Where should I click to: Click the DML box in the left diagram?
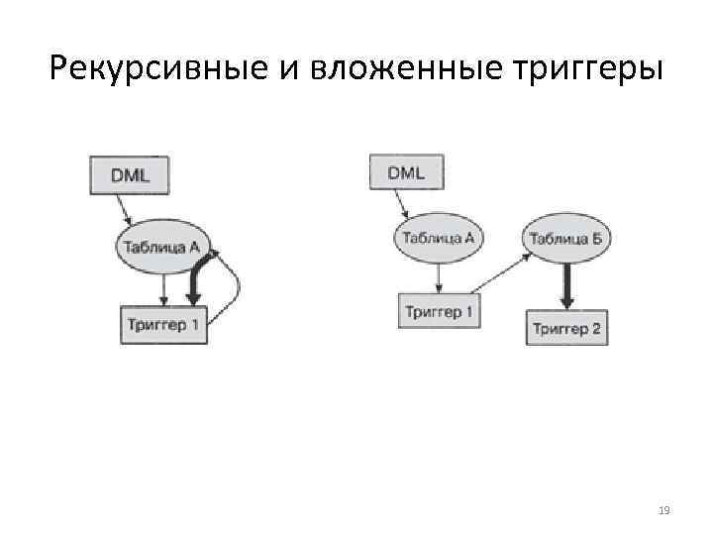click(130, 174)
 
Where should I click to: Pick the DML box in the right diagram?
click(406, 172)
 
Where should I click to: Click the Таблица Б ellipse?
click(565, 238)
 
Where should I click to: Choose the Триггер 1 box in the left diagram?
click(163, 325)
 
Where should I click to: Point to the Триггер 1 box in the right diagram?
click(439, 312)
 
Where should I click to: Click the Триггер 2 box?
click(566, 328)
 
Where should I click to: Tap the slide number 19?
click(663, 510)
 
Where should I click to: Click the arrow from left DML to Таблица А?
click(123, 209)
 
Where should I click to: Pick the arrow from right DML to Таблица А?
click(400, 205)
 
